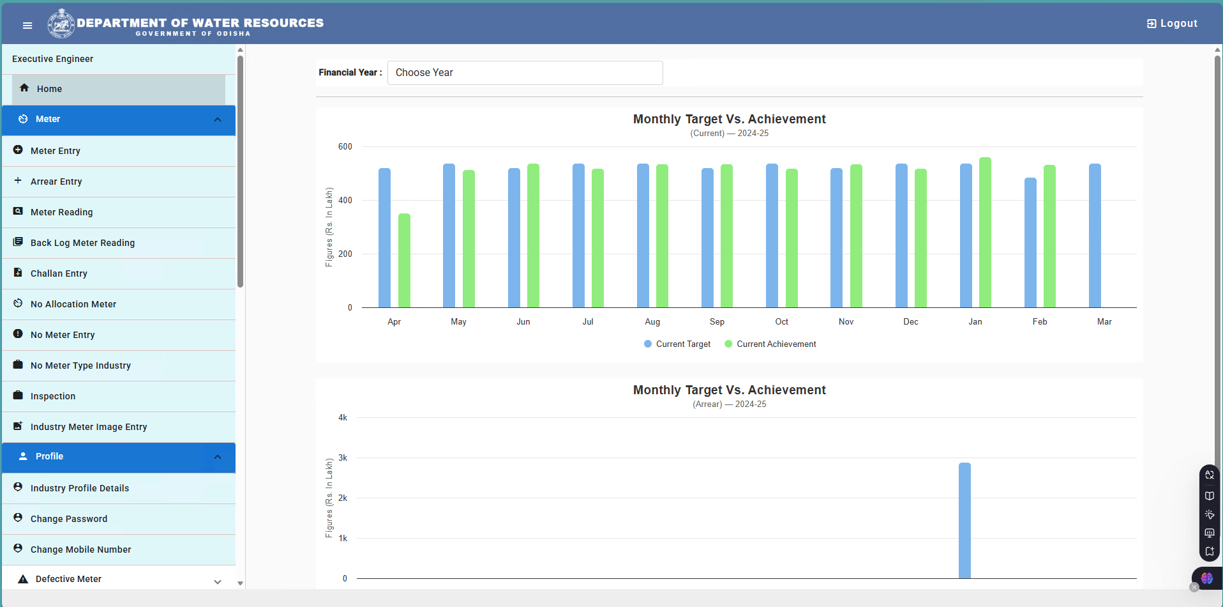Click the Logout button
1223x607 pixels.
1172,24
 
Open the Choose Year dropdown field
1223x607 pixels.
525,73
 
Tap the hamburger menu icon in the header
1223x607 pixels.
27,26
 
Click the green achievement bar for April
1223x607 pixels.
404,261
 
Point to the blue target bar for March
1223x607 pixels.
1095,236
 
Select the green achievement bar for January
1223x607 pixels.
985,233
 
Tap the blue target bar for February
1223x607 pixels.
1030,243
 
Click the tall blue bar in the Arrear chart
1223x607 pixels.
964,521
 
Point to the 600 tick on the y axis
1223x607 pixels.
345,147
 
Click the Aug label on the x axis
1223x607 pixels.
652,322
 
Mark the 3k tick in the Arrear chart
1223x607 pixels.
343,458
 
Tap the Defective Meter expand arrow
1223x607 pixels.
218,581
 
